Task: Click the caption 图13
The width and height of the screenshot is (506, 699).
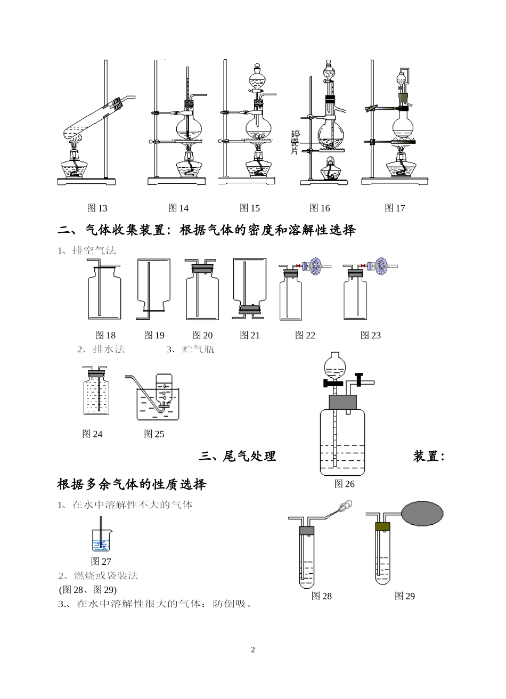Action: [97, 208]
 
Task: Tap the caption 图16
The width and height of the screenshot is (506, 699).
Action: [320, 208]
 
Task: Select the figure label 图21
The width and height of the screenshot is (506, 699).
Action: [250, 335]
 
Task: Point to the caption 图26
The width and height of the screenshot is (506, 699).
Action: [344, 484]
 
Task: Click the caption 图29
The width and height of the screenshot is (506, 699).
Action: [404, 596]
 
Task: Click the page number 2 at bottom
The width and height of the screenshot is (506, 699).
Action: [253, 649]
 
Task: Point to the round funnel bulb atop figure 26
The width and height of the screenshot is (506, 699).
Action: [334, 365]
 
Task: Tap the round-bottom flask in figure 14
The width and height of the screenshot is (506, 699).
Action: [189, 128]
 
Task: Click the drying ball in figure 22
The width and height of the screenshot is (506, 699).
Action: [317, 266]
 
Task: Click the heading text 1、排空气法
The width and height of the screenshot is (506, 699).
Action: [86, 250]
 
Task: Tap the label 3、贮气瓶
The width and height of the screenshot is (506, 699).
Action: [190, 349]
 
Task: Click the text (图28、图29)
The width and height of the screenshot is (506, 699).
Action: [87, 590]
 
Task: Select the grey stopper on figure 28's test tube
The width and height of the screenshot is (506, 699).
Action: [307, 531]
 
